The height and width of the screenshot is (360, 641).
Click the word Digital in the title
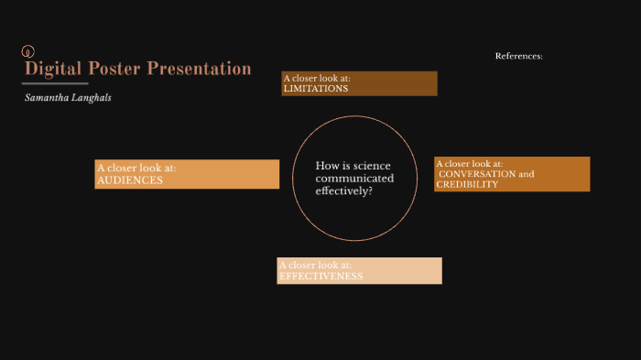click(51, 69)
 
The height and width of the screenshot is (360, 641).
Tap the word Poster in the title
click(117, 69)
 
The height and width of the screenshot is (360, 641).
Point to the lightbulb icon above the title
click(27, 51)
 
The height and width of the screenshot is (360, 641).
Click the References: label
click(518, 56)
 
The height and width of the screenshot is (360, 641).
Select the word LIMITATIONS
click(316, 89)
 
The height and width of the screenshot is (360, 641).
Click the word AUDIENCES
click(130, 180)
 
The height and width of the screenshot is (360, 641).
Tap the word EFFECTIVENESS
click(321, 276)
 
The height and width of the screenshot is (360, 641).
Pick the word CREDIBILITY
click(467, 184)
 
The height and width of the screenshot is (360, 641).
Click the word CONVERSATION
click(478, 174)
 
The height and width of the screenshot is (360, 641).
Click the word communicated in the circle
click(354, 179)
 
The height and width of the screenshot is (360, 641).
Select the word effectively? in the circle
click(343, 191)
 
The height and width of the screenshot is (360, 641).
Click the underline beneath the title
click(55, 83)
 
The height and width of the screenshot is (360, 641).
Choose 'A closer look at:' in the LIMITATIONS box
click(317, 78)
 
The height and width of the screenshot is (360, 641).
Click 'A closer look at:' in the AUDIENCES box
click(136, 169)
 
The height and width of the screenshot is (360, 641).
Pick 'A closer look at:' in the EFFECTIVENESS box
click(315, 265)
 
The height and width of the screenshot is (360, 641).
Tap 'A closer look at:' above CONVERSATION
click(469, 163)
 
